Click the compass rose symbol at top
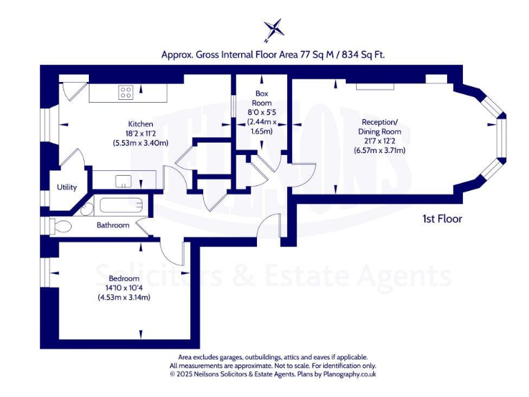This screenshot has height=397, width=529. point(273,30)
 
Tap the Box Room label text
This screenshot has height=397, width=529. point(261,97)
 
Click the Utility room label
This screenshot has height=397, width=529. point(68,187)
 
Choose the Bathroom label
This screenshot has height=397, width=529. point(112,225)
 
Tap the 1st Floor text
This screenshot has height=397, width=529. point(442,219)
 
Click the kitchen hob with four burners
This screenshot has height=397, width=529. point(125,92)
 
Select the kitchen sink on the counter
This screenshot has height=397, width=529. point(123,181)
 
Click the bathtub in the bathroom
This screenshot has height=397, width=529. point(121,205)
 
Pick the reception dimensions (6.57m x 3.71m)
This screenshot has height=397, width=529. point(380,150)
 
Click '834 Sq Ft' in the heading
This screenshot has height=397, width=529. point(370,54)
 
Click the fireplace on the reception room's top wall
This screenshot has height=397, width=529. point(375,86)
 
